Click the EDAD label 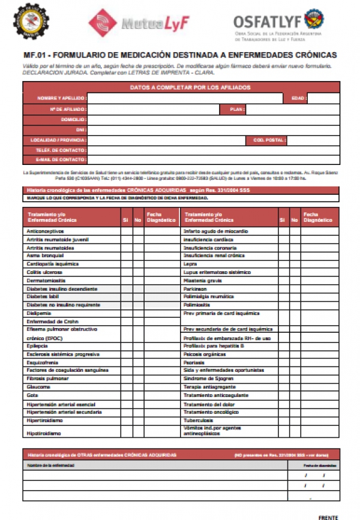pos(298,98)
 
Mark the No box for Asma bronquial pos(137,255)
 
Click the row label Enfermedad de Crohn pos(49,321)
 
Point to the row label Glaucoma pos(38,387)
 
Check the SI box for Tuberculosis pos(283,420)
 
